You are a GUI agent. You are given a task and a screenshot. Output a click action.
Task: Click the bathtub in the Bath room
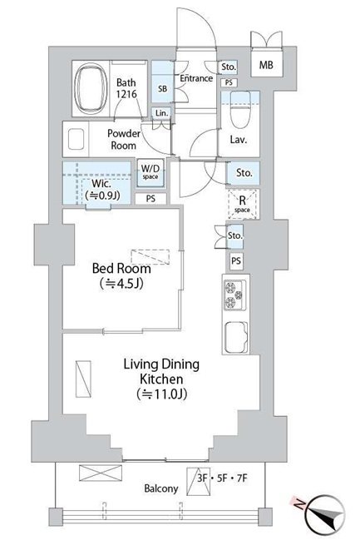tap(90, 88)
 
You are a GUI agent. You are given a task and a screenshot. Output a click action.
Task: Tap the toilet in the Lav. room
tap(240, 110)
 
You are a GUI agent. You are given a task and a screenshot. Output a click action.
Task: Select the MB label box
tap(266, 64)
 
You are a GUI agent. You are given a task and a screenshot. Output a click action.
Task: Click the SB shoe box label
tap(162, 88)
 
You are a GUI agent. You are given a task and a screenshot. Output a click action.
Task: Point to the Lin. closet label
tap(161, 113)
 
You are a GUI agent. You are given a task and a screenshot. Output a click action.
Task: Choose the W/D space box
tap(150, 172)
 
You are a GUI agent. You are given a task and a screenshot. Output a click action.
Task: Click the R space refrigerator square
tap(242, 204)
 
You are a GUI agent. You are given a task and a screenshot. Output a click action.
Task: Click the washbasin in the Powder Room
tap(76, 139)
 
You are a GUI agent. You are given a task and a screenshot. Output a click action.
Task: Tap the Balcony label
tap(161, 488)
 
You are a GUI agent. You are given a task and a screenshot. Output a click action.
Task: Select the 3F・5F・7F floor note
tap(222, 478)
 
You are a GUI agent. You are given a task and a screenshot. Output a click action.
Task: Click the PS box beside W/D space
tap(150, 199)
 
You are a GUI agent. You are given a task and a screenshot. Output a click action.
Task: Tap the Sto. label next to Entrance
tap(229, 67)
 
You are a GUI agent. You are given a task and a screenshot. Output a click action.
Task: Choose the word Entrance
tap(196, 78)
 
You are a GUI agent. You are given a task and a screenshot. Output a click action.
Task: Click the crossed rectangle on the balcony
tap(101, 473)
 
